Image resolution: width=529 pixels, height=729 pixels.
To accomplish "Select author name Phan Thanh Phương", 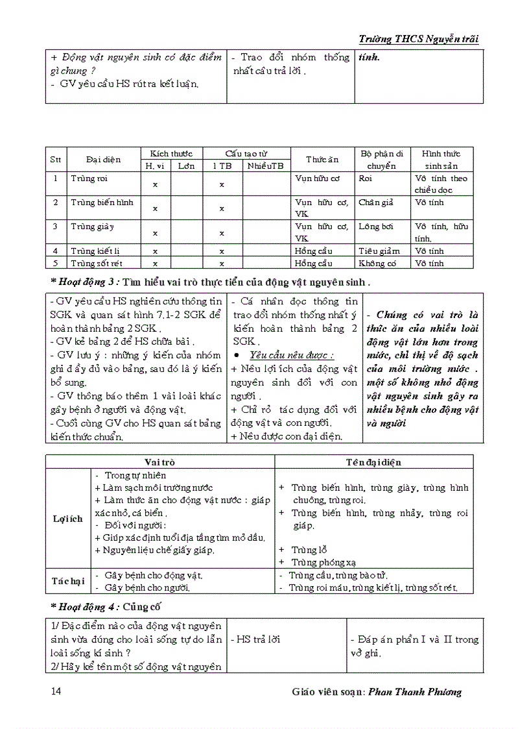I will [415, 691].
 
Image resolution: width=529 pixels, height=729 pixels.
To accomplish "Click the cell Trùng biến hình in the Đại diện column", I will [102, 203].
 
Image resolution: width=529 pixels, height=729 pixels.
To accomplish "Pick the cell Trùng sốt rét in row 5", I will [97, 263].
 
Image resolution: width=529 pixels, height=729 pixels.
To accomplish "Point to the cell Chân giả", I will [375, 203].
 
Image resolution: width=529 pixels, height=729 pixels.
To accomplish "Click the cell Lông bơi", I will [375, 227].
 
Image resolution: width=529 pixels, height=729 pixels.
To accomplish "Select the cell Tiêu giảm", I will [377, 251].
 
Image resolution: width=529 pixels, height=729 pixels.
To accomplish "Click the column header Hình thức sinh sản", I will [441, 160].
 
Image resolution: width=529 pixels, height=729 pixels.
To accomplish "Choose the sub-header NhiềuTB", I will [265, 166].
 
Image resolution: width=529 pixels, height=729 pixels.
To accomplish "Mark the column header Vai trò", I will [159, 462].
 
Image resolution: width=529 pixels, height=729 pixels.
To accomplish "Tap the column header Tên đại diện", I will [373, 462].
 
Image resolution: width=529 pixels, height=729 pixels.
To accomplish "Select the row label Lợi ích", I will [67, 519].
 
